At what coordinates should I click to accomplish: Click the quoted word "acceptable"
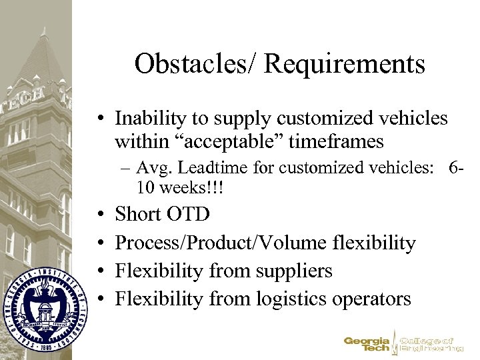pos(226,142)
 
